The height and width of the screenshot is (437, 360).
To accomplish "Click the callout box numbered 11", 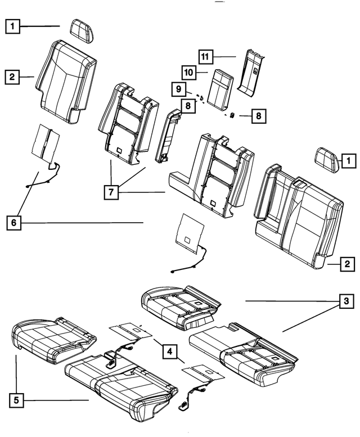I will coord(205,57).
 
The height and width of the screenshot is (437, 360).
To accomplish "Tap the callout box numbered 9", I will coord(178,89).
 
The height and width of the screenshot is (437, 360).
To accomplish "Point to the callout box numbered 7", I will coord(111,192).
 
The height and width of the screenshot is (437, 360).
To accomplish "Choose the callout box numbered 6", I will coord(15,223).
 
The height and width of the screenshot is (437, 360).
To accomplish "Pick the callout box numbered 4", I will coord(167,352).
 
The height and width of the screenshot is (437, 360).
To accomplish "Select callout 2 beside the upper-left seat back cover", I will coord(12,76).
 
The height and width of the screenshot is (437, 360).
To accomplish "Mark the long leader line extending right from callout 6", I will coord(84,223).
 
